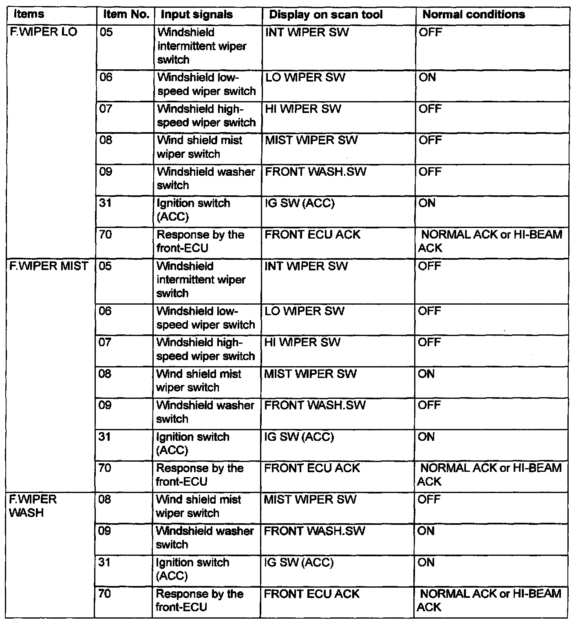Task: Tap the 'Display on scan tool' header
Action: tap(326, 15)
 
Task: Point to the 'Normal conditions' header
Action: tap(474, 15)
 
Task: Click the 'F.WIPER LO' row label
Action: tap(43, 32)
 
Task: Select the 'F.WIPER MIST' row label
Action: tap(49, 266)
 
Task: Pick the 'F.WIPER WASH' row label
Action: tap(33, 506)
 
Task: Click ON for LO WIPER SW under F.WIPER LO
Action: tap(427, 77)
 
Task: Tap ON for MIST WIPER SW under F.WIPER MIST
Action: tap(426, 374)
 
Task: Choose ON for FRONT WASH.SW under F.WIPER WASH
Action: tap(426, 531)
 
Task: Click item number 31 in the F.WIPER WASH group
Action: tap(105, 562)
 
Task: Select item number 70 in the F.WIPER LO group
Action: tap(106, 234)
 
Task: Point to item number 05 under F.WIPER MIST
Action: tap(105, 266)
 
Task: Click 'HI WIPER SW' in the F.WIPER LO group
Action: tap(303, 109)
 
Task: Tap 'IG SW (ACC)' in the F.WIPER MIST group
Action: tap(299, 437)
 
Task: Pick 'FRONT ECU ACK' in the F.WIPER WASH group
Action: tap(311, 594)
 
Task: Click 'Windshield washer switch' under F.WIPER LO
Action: tap(206, 178)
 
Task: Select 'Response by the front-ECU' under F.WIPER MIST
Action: tap(200, 475)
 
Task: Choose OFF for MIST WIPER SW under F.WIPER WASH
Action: tap(429, 500)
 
